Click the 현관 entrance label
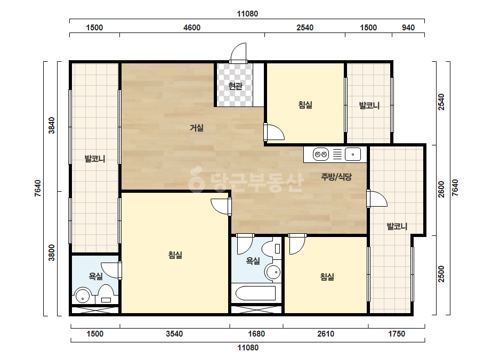tap(235, 86)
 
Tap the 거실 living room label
tap(197, 128)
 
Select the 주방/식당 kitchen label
tap(336, 177)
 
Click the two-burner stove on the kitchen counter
tap(321, 154)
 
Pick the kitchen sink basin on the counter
tap(353, 154)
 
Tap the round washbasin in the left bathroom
tap(83, 296)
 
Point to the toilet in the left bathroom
tap(106, 294)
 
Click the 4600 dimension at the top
tap(192, 28)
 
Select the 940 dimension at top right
tap(408, 28)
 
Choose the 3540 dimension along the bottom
tap(174, 334)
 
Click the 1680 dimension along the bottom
tap(256, 334)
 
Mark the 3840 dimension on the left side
tap(52, 125)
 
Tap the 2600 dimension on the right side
tap(441, 190)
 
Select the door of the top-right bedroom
tap(274, 132)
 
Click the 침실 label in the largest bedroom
tap(175, 255)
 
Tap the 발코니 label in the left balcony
tap(95, 159)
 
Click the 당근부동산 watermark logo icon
tap(196, 179)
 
